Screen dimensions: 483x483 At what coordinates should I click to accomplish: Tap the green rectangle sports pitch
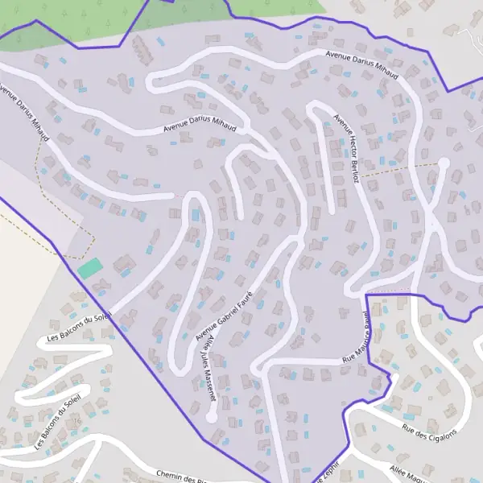coord(89,268)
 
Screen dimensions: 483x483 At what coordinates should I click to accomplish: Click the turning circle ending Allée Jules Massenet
coord(211,416)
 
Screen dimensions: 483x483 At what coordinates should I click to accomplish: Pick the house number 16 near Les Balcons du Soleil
coord(78,421)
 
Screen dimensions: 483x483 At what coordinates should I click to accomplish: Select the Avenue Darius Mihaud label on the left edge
coord(25,113)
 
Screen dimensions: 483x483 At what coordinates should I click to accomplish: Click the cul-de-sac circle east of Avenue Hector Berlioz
coord(443,163)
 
